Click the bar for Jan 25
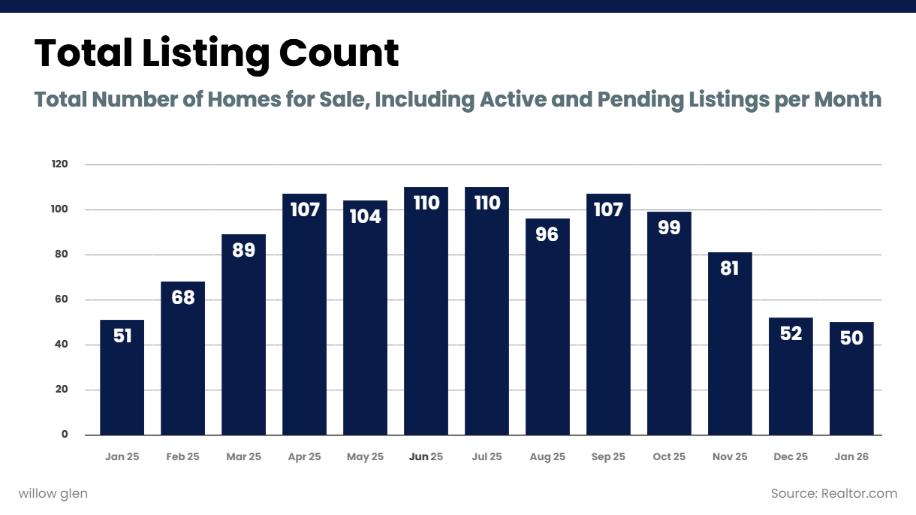coord(122,378)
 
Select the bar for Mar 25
coord(243,335)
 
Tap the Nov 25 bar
coord(730,344)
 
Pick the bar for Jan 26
coord(851,378)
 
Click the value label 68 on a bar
coord(182,298)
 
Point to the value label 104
coord(365,217)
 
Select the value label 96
coord(547,235)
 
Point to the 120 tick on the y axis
coord(60,164)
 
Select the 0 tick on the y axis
coord(65,435)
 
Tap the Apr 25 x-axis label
coord(304,456)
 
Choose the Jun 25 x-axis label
coord(426,456)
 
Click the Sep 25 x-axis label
coord(608,456)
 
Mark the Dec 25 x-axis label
coord(791,456)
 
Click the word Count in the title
coord(339,53)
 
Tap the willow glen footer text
coord(53,493)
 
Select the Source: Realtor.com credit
coord(833,493)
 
